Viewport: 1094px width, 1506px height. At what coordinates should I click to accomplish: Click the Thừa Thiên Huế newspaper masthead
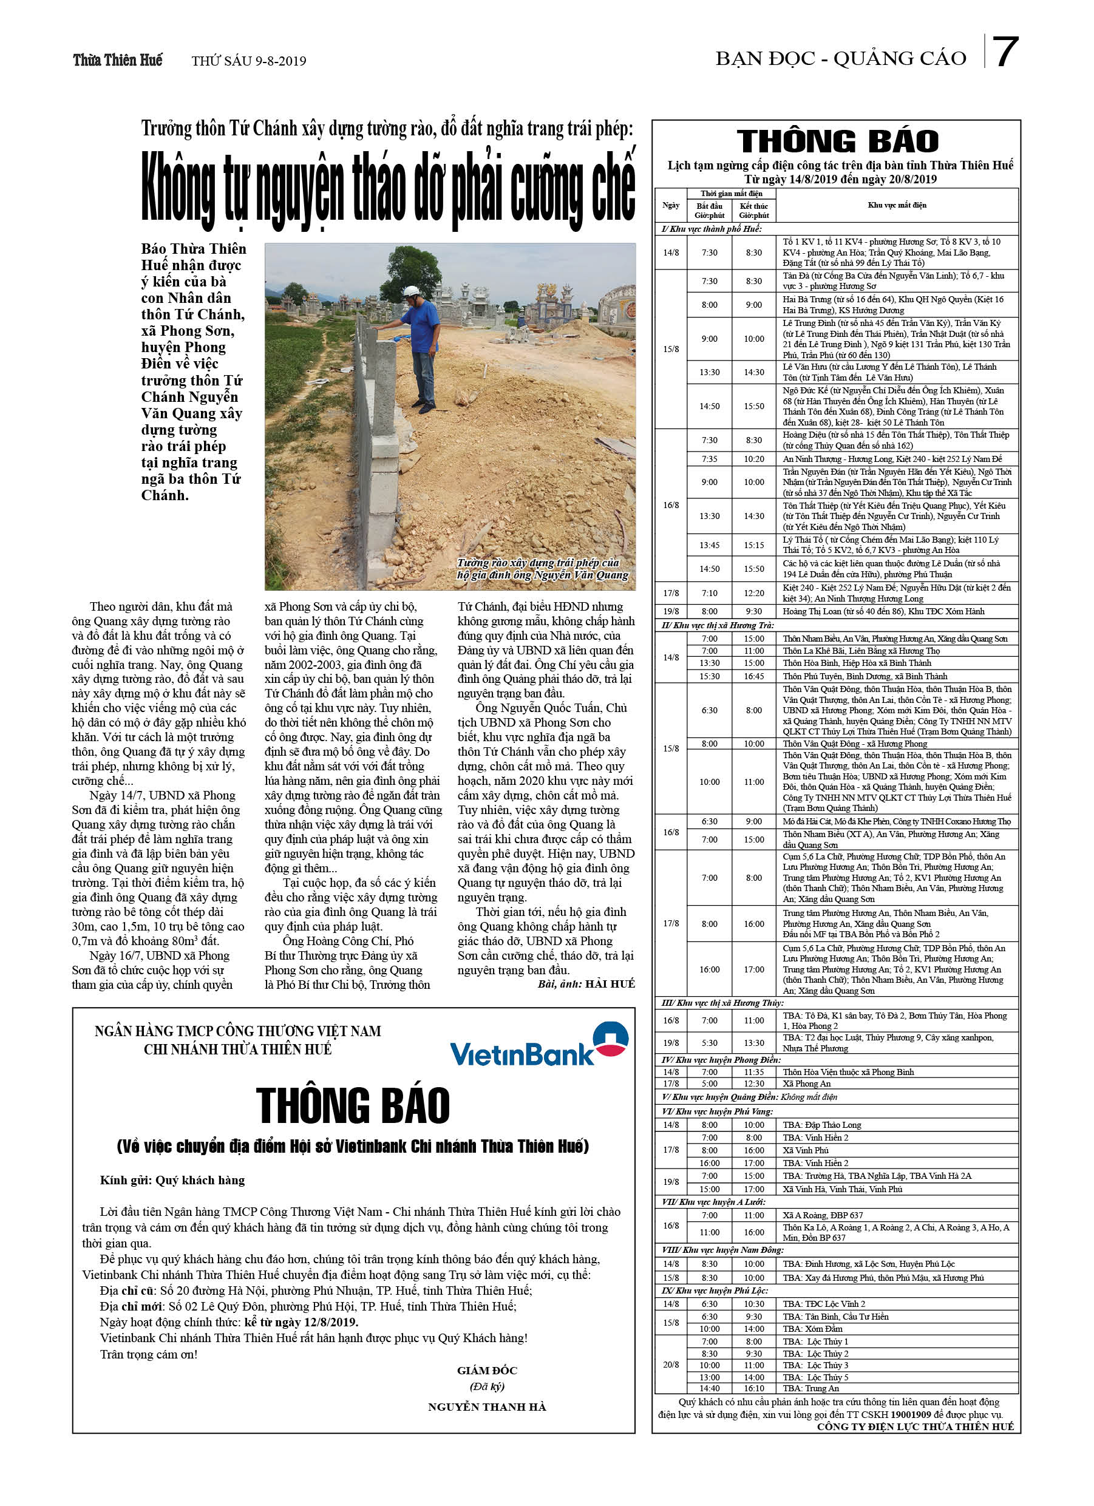[x=118, y=61]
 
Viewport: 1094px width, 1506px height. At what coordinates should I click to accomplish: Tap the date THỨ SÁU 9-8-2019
[x=249, y=61]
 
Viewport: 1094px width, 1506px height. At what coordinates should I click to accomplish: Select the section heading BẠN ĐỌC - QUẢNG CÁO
[x=840, y=59]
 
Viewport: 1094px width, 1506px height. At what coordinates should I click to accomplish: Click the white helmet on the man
[x=412, y=291]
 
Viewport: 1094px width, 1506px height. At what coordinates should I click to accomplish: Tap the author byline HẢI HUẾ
[x=610, y=983]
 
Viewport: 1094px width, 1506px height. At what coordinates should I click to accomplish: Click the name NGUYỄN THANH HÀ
[x=487, y=1406]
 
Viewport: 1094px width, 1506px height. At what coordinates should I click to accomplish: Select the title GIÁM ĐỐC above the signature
[x=487, y=1370]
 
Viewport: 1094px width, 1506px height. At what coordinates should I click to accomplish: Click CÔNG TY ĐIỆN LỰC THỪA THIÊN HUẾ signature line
[x=916, y=1426]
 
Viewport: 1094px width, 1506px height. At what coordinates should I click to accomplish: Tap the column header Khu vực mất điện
[x=897, y=205]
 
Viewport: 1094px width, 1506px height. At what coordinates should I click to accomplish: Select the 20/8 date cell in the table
[x=671, y=1365]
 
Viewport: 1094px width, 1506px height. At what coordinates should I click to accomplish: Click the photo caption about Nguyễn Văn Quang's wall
[x=542, y=569]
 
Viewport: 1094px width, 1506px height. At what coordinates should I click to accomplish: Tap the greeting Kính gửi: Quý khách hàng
[x=172, y=1180]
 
